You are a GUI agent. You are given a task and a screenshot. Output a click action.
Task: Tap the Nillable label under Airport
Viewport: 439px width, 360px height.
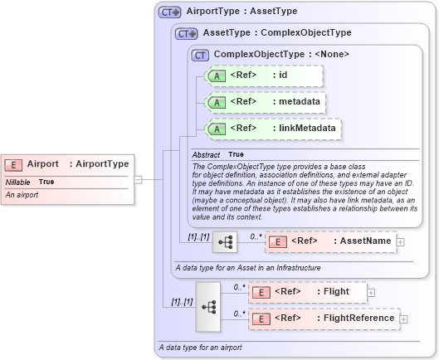(18, 182)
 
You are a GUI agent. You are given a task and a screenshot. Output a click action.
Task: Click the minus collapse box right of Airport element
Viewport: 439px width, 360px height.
(138, 178)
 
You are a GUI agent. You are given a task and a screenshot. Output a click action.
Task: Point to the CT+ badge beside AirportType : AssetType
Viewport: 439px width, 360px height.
(170, 12)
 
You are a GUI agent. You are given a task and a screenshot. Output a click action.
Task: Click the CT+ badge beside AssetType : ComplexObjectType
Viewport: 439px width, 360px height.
(187, 33)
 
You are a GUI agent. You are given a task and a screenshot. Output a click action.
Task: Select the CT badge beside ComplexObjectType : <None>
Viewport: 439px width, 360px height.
(200, 55)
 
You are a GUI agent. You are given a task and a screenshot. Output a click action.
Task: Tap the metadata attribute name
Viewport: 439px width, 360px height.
(300, 102)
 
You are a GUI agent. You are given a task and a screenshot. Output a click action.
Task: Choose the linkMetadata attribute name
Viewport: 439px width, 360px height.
(307, 129)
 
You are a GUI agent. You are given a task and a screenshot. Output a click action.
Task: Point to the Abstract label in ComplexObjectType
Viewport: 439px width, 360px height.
(206, 155)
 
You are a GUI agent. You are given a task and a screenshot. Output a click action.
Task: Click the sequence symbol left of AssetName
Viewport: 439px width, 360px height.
(225, 241)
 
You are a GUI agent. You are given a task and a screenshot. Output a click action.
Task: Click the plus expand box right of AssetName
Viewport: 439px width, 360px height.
(401, 241)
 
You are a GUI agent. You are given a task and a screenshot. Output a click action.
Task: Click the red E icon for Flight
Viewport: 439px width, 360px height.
(261, 292)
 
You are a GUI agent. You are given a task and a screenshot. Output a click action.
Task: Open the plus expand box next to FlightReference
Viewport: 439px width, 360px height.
(404, 319)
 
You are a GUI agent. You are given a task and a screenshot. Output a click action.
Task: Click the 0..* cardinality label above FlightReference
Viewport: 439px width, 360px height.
(239, 313)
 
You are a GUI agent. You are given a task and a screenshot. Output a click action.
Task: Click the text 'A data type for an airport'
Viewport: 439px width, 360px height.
(200, 347)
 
